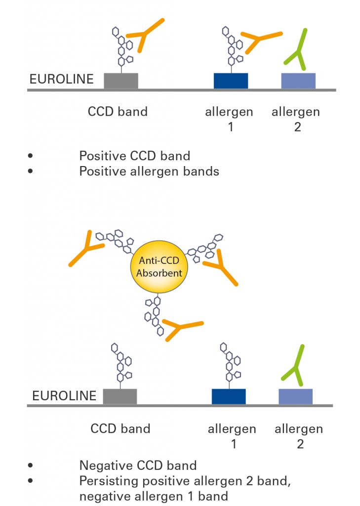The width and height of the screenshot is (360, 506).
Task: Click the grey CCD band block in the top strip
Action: [x=121, y=81]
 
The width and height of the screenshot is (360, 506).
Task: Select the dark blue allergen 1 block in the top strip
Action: [x=231, y=81]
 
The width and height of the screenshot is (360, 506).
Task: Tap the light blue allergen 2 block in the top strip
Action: [x=298, y=81]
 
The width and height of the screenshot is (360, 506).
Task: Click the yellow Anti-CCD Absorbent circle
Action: [x=159, y=267]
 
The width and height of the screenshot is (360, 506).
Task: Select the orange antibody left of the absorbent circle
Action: [x=86, y=249]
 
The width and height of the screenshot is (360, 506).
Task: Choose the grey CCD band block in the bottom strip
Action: [x=120, y=397]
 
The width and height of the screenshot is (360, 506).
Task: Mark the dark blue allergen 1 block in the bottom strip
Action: [x=229, y=397]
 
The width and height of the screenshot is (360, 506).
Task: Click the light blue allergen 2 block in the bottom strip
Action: [x=295, y=397]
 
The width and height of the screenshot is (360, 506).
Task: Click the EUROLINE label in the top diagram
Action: [x=62, y=79]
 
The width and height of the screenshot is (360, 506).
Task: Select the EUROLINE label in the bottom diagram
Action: [x=64, y=396]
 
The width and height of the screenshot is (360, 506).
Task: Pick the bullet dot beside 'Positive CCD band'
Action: [x=30, y=156]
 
